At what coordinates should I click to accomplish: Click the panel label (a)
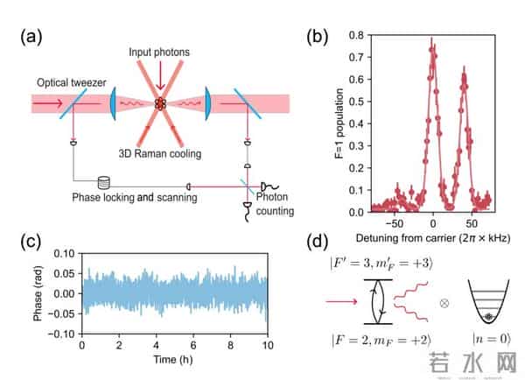tap(32, 37)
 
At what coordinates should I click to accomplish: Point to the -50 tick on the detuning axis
tap(395, 222)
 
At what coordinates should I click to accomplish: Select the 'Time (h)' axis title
tap(174, 358)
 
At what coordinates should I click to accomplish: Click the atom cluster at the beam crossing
tap(161, 103)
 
